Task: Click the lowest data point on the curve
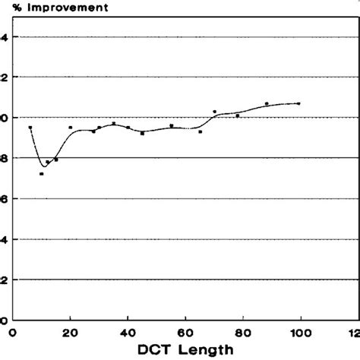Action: pyautogui.click(x=41, y=174)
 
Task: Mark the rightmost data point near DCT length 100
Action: pyautogui.click(x=298, y=103)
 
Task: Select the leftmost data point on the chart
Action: pyautogui.click(x=30, y=128)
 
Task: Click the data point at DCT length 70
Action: pyautogui.click(x=214, y=112)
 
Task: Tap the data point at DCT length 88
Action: pyautogui.click(x=267, y=103)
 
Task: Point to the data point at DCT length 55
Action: pyautogui.click(x=172, y=125)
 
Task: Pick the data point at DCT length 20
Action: pyautogui.click(x=71, y=128)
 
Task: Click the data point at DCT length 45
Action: pyautogui.click(x=142, y=134)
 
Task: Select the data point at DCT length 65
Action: pyautogui.click(x=200, y=131)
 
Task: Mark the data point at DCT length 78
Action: pyautogui.click(x=238, y=115)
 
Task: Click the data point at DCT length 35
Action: pyautogui.click(x=113, y=123)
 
